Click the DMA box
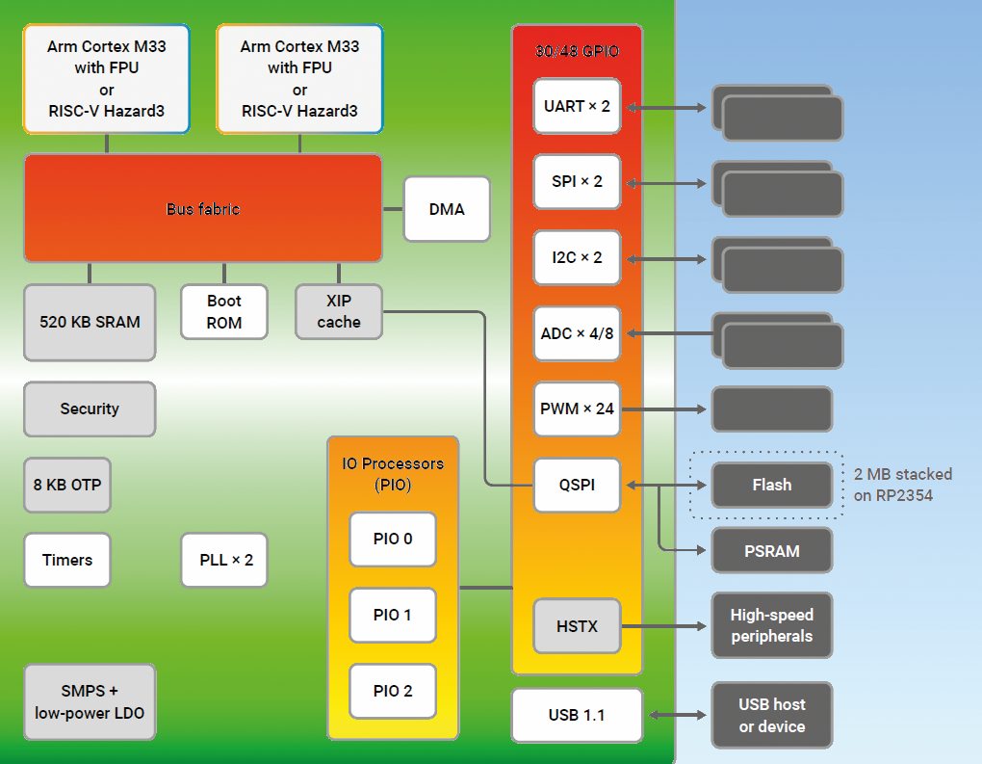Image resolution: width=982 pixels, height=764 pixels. point(447,209)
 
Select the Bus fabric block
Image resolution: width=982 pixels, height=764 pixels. point(202,209)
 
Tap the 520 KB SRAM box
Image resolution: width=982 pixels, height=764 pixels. point(90,322)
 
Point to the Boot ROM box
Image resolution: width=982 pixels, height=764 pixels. point(224,311)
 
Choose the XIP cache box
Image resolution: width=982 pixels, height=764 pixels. point(339,311)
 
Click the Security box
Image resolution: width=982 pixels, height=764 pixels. point(90,408)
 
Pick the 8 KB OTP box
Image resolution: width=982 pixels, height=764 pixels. point(67,485)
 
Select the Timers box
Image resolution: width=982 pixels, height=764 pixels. point(67,560)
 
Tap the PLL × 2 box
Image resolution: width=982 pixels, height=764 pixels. point(224,560)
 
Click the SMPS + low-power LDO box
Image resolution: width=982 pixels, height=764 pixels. point(90,702)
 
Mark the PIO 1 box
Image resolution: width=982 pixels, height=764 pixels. point(393,615)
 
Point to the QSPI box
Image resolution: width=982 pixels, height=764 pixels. point(577,485)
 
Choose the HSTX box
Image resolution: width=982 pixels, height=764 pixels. point(577,626)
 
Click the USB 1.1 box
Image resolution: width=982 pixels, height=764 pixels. point(577,715)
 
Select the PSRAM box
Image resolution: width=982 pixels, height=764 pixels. point(772,551)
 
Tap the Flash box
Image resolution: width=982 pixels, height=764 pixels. point(772,485)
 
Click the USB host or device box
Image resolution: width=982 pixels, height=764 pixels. point(772,716)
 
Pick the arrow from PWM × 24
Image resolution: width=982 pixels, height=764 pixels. point(664,408)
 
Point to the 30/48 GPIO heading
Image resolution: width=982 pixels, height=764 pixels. point(577,52)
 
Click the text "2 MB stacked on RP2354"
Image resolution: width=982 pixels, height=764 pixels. point(903,485)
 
